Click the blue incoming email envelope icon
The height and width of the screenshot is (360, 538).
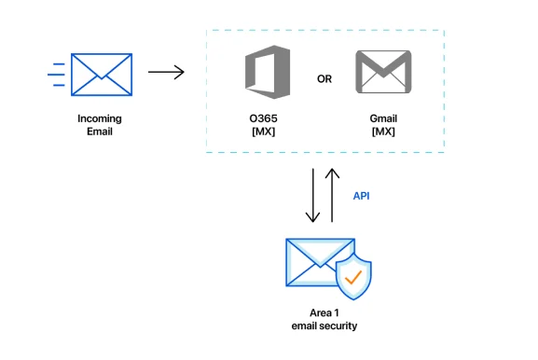pos(102,75)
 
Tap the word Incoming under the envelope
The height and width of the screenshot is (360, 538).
pos(100,118)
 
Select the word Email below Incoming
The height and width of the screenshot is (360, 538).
pos(100,132)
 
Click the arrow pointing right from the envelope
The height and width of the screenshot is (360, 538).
pos(166,72)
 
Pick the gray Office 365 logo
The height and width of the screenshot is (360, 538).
pos(268,72)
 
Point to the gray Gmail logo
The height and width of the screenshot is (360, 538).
pos(383,72)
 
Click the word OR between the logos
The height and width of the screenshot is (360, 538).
pos(324,79)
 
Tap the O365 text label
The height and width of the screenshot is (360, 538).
pos(263,118)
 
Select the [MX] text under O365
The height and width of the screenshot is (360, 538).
pos(264,132)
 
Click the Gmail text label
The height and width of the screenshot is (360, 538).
pos(383,118)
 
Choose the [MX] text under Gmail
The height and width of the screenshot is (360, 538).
pos(383,132)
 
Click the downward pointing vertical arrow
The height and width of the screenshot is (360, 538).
pos(313,195)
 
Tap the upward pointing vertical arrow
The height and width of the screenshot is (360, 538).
pos(332,195)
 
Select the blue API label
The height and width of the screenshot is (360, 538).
pos(361,196)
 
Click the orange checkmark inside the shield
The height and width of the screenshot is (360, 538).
pos(353,277)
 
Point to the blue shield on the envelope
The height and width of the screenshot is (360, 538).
pos(353,277)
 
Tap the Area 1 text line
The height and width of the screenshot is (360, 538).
pos(324,313)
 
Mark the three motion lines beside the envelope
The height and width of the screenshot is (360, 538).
pos(56,75)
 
